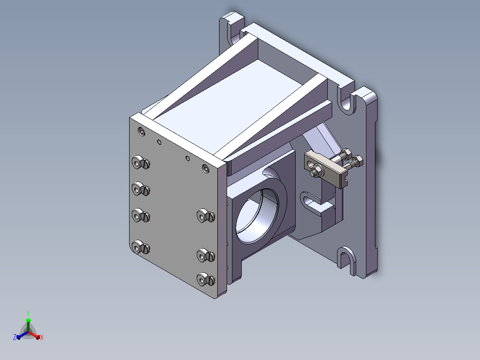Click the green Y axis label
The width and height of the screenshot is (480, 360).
[x=28, y=313]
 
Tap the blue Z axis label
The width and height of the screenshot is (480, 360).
[x=15, y=337]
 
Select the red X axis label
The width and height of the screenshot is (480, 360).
[x=42, y=337]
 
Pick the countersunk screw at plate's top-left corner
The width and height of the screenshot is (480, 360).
[x=142, y=132]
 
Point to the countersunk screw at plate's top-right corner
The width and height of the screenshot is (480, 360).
[x=205, y=168]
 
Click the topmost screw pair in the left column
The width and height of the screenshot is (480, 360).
[x=141, y=162]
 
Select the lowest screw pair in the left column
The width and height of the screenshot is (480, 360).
[x=141, y=247]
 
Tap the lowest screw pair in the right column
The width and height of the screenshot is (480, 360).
[x=206, y=279]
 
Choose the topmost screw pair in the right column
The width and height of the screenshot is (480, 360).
[x=206, y=216]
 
